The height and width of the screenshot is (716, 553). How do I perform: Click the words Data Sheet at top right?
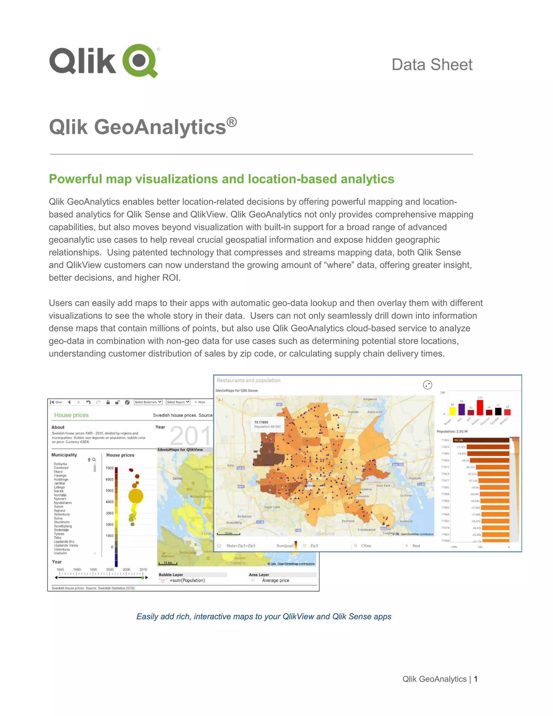point(432,65)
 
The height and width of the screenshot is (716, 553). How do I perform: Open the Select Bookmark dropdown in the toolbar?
point(148,402)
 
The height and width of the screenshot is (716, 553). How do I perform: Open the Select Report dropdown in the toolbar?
point(178,402)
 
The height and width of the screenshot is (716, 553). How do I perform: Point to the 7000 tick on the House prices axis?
point(109,468)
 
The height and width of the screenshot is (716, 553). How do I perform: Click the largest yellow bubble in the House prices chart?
point(136,496)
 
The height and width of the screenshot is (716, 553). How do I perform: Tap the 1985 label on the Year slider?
point(60,570)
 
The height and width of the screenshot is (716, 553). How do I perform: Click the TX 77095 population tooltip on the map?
point(267,424)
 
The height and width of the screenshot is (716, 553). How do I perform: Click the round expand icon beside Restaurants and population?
point(427,385)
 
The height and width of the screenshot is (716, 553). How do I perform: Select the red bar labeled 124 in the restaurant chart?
point(480,407)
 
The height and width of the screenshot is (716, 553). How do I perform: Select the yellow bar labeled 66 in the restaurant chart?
point(453,411)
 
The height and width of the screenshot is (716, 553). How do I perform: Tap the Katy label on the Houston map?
point(231,465)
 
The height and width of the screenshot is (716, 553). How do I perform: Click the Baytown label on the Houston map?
point(415,478)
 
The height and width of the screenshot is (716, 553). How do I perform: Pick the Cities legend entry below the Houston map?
point(366,546)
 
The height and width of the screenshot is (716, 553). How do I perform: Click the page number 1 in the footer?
point(476,679)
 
